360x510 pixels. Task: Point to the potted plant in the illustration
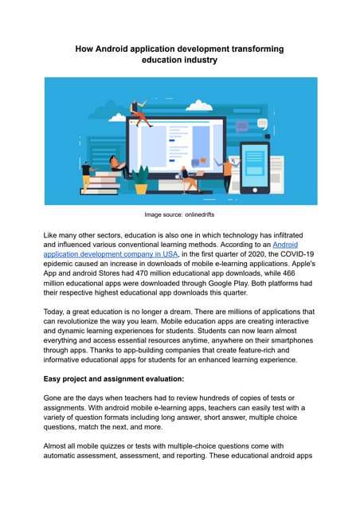coord(140,178)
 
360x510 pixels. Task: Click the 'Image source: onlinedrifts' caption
coord(179,215)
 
